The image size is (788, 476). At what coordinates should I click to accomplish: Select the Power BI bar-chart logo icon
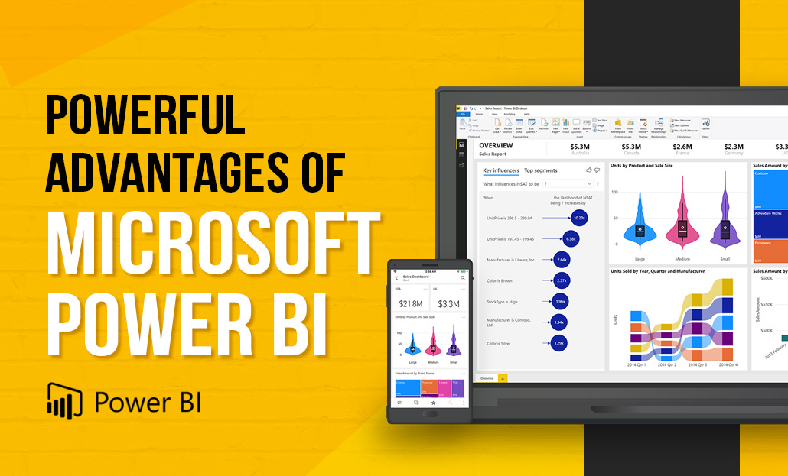[x=64, y=397]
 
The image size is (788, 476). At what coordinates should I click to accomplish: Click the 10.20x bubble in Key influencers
[x=579, y=218]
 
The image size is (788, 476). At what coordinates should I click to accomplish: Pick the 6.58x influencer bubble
[x=571, y=239]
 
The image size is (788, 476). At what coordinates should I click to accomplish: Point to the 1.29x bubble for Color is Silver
[x=558, y=343]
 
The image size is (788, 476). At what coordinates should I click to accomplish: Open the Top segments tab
[x=541, y=170]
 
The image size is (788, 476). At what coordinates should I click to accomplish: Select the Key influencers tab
[x=501, y=170]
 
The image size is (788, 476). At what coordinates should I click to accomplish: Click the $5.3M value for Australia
[x=580, y=147]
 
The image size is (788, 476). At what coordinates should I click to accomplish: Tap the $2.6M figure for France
[x=682, y=147]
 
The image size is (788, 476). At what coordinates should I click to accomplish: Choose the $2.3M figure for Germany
[x=734, y=147]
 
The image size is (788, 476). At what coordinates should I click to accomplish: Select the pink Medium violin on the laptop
[x=682, y=222]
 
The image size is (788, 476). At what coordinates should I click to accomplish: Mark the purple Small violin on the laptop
[x=724, y=222]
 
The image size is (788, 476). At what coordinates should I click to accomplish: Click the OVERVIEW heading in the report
[x=496, y=145]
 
